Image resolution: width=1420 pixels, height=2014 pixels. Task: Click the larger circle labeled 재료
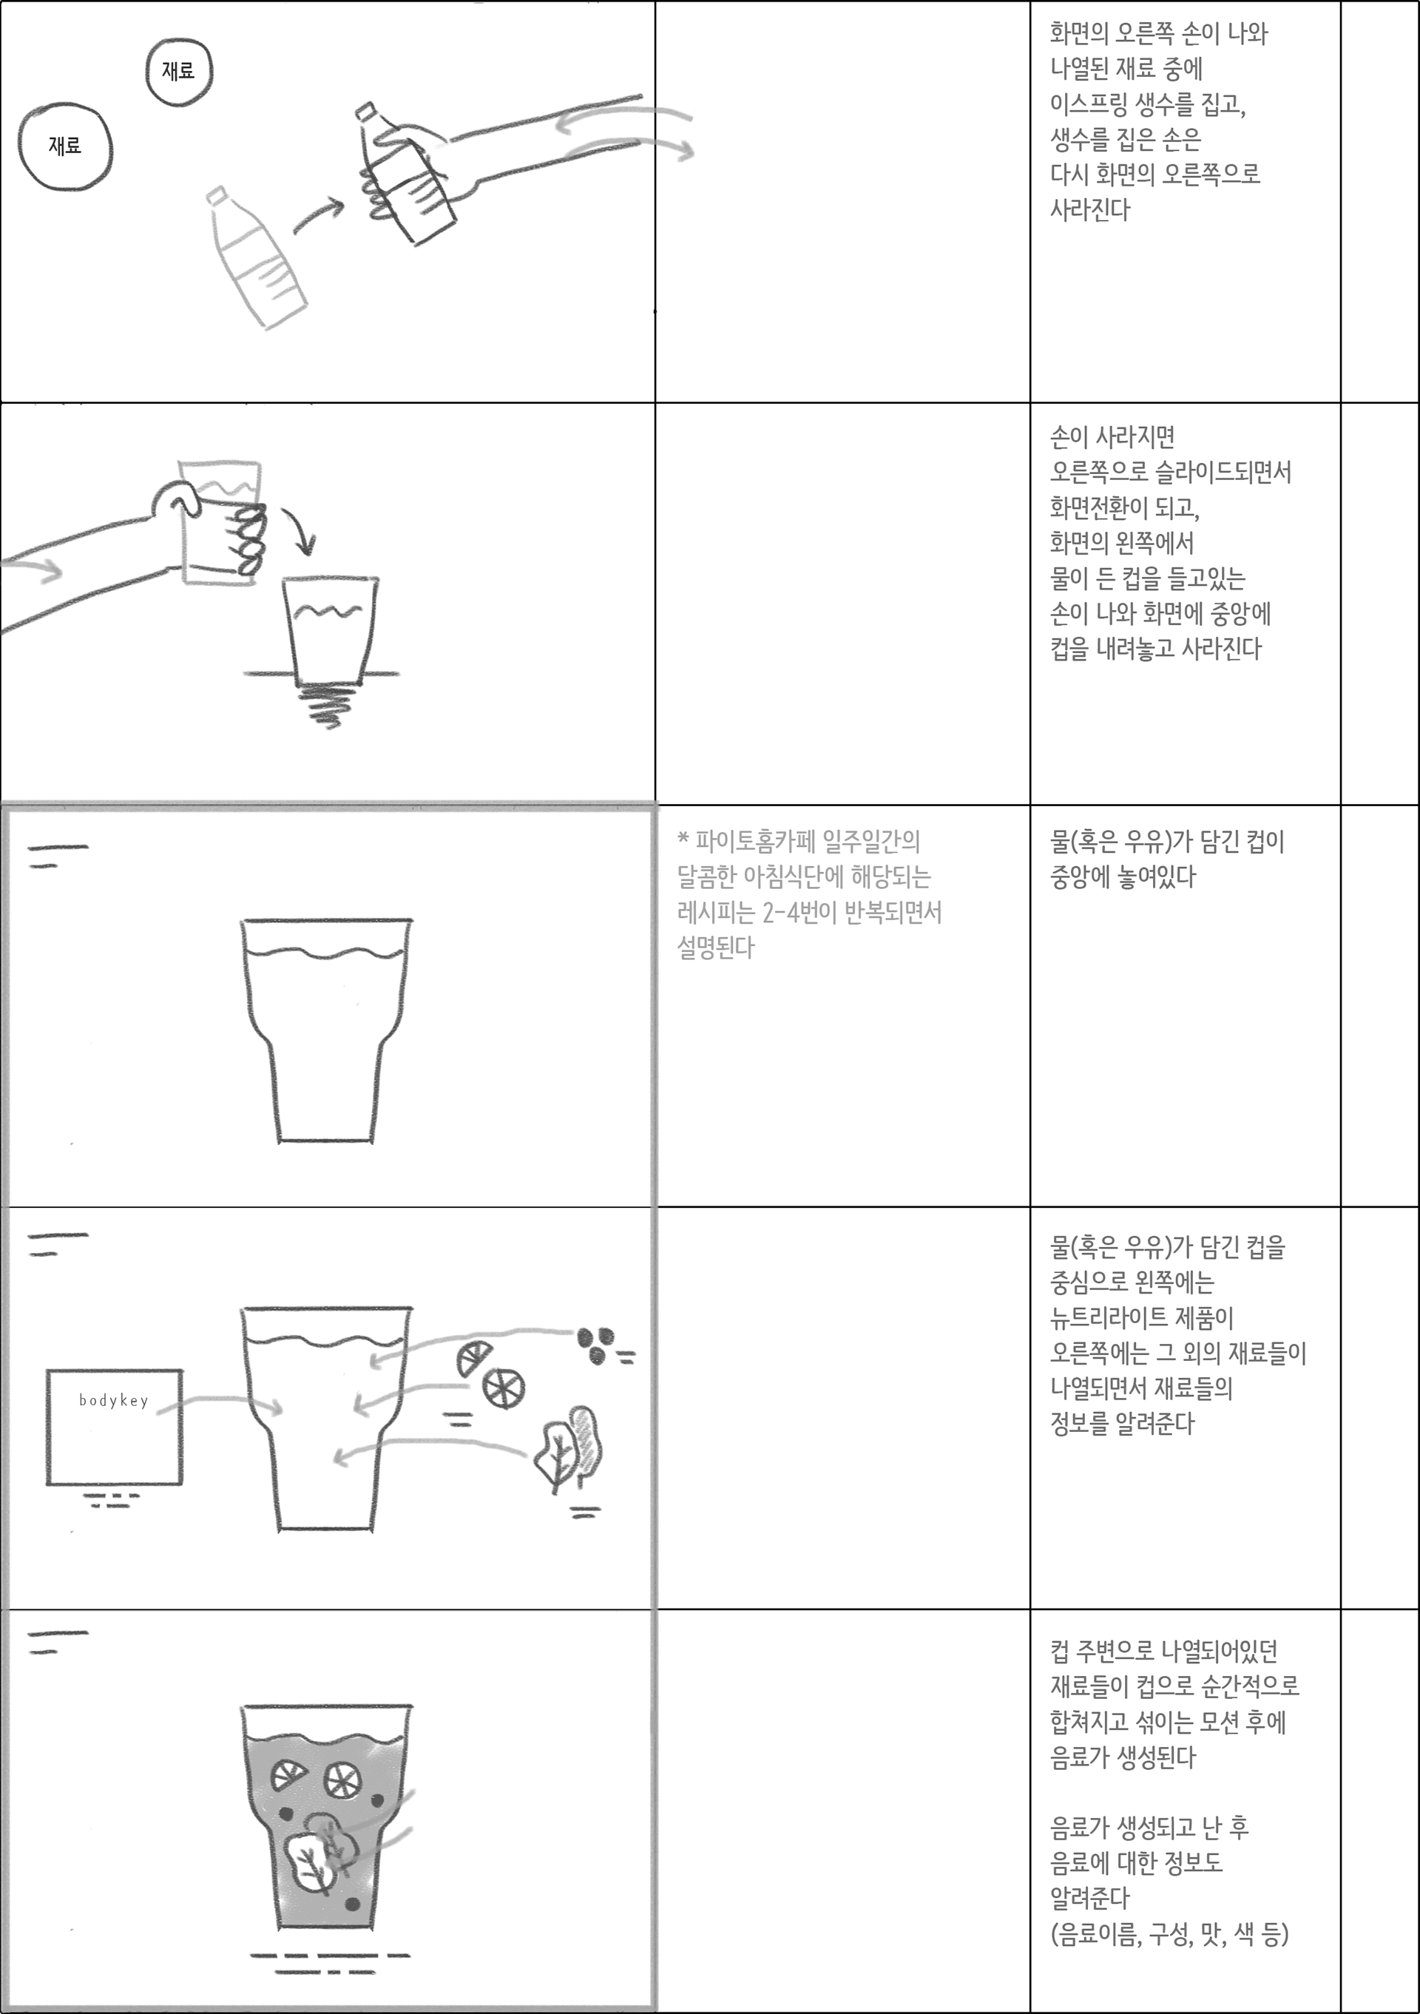tap(65, 147)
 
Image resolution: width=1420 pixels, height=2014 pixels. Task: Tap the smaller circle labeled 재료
tap(179, 71)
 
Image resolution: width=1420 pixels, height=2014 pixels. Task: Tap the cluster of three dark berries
tap(595, 1343)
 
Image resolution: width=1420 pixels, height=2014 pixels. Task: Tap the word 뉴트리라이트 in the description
tap(1105, 1317)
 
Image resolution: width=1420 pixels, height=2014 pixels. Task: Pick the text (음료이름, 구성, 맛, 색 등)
tap(1170, 1933)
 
